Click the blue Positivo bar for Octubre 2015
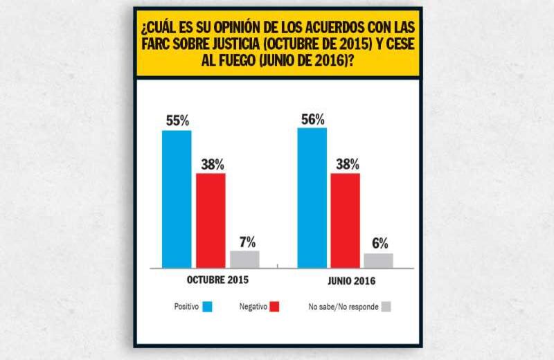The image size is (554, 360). point(177,199)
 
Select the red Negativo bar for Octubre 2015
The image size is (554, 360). point(211,220)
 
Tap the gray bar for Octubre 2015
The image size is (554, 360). point(244,259)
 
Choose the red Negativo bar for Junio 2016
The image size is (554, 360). point(345,220)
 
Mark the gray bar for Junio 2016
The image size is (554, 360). point(379,260)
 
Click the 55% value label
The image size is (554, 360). point(177,120)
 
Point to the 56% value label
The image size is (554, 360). point(312,118)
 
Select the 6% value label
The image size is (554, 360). point(379,244)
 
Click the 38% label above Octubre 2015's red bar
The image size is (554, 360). point(211,165)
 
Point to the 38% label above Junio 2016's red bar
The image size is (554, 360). point(346,165)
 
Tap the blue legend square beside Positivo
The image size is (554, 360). point(208,306)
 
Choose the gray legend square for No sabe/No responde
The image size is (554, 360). point(387,306)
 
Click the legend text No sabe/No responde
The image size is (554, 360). point(343,306)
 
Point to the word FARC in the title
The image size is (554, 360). point(156,45)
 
